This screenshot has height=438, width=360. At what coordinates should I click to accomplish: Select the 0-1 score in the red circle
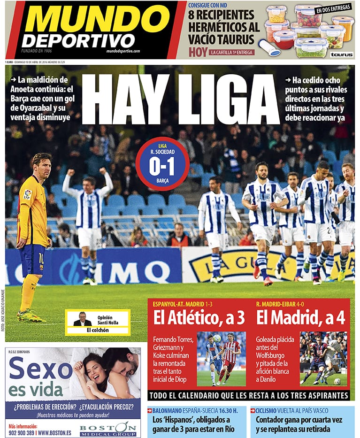[162, 167]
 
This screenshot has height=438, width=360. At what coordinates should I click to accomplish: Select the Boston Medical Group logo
[110, 429]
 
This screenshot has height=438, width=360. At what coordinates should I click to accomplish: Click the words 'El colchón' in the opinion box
[97, 330]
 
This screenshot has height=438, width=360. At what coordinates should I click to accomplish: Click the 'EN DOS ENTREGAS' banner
[333, 8]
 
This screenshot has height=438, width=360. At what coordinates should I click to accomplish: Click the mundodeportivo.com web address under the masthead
[123, 51]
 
